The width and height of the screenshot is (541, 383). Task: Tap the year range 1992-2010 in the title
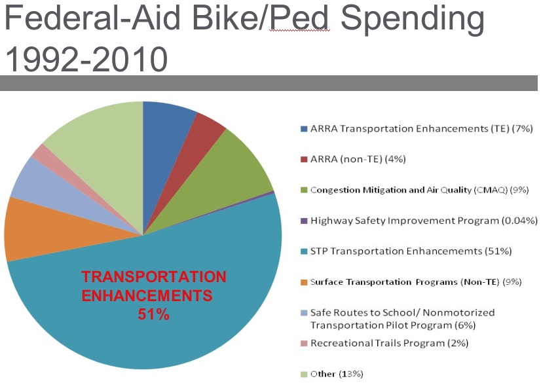[86, 60]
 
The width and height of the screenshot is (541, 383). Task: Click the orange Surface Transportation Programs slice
[39, 229]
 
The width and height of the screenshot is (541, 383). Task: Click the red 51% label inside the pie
[154, 314]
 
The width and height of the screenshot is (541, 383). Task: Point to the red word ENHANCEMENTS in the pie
[147, 295]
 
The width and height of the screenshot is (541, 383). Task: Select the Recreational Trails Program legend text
[389, 343]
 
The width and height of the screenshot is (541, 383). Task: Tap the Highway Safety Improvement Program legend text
[424, 221]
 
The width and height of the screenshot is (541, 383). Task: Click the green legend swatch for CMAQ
[303, 191]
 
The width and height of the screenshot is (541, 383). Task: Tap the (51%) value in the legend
[497, 251]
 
